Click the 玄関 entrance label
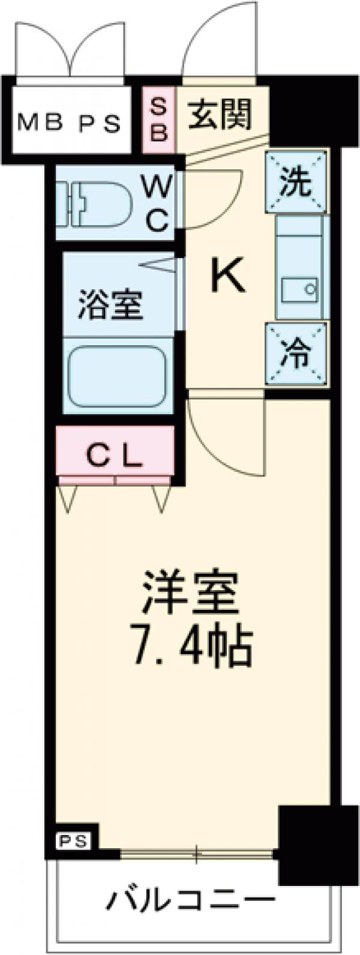(219, 115)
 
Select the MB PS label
(70, 124)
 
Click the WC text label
(158, 204)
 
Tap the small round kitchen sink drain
(310, 289)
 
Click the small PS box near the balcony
(73, 841)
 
